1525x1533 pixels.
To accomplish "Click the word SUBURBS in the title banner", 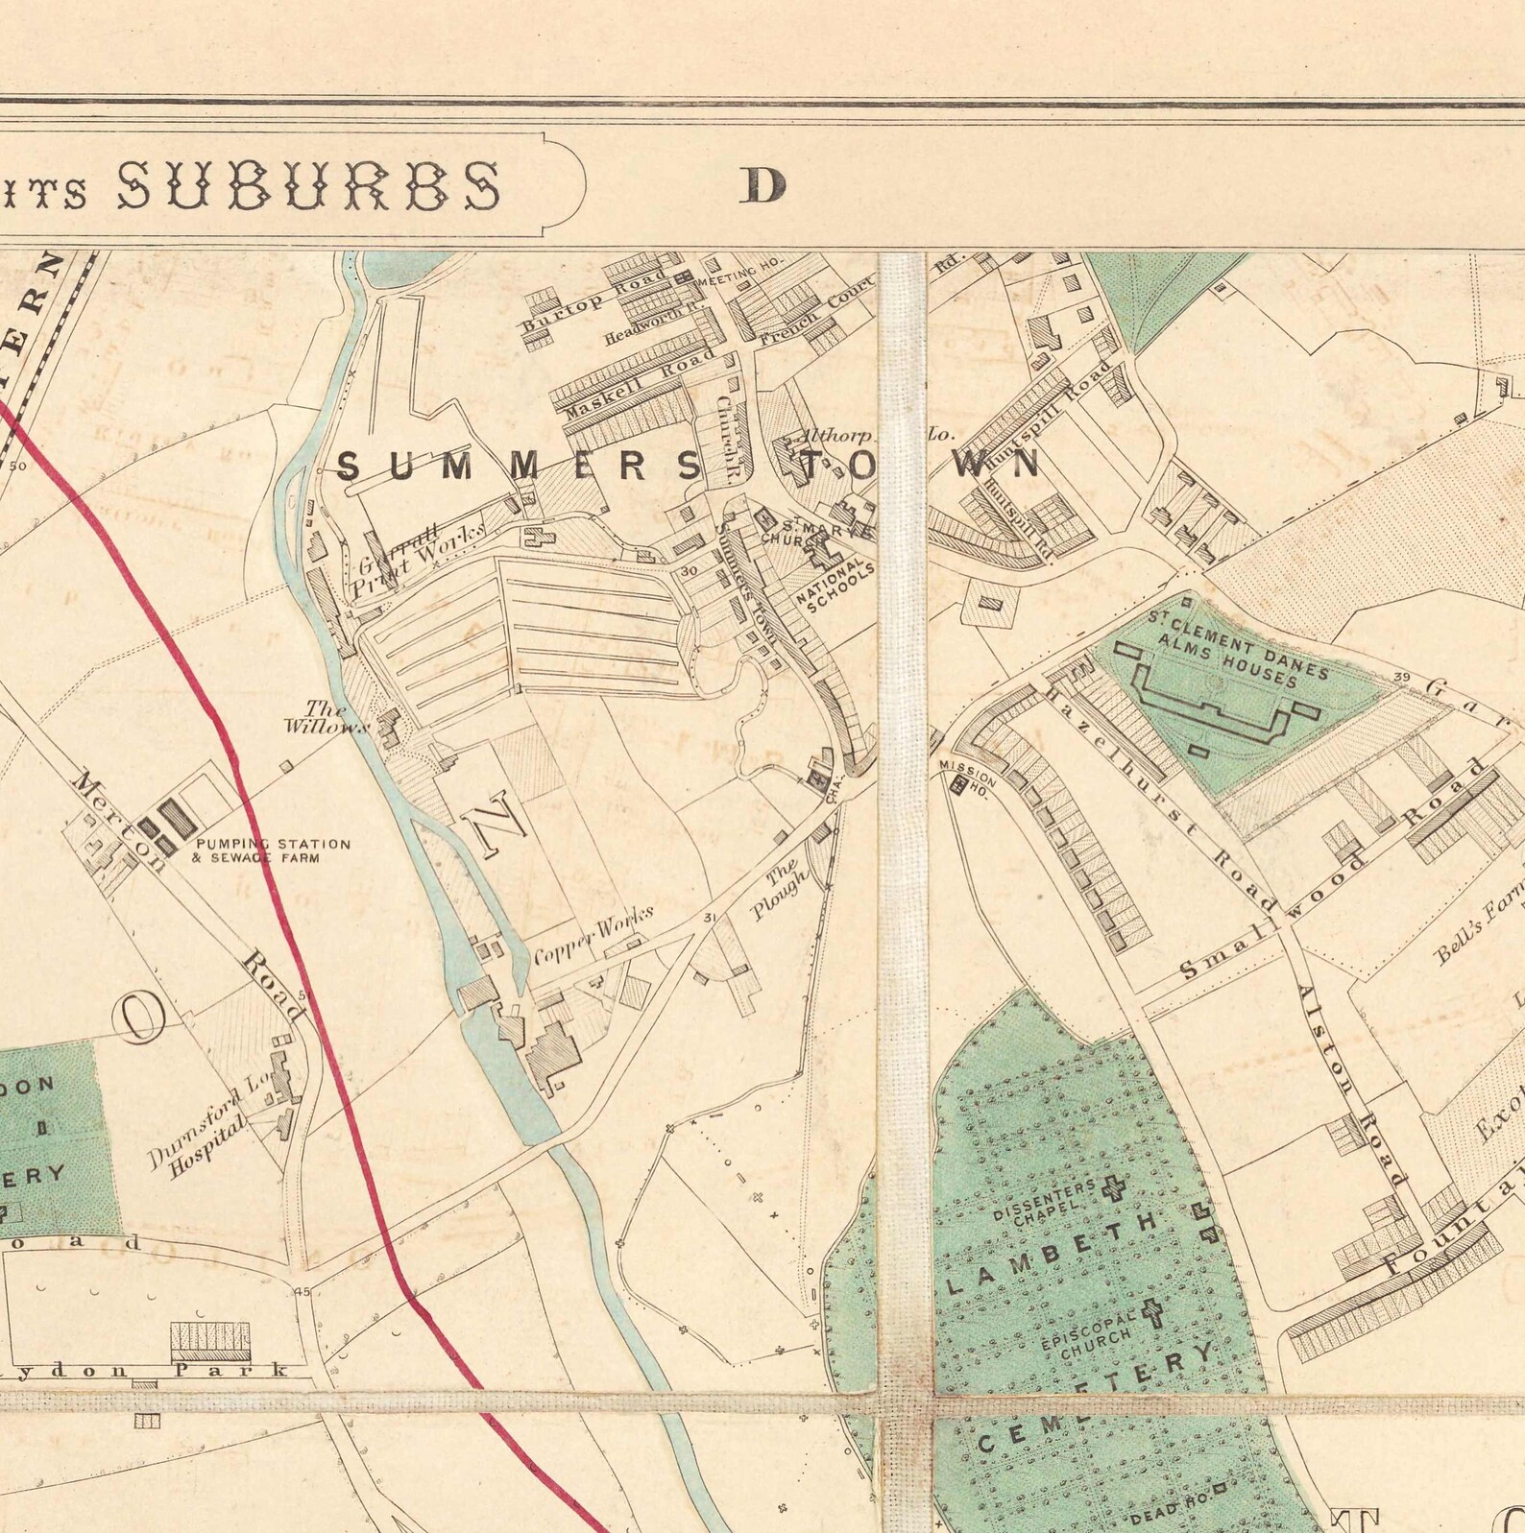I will [x=308, y=185].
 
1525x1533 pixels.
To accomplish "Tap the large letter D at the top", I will [x=762, y=186].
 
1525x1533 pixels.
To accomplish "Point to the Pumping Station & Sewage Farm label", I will [x=272, y=850].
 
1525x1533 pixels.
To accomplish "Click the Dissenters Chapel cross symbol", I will [x=1114, y=1189].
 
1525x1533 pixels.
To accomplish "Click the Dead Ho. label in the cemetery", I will [x=1167, y=1513].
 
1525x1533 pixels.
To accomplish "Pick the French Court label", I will [x=816, y=312].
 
